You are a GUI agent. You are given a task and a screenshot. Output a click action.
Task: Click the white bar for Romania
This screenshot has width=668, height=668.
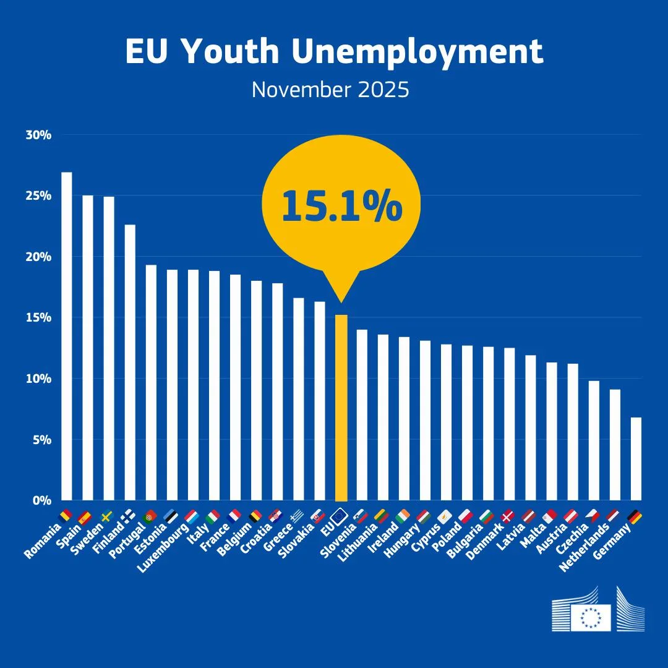pos(66,337)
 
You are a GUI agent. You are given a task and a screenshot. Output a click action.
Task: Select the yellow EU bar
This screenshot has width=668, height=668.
pos(341,408)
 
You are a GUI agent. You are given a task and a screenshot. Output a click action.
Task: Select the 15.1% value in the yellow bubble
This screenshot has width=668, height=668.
pos(341,207)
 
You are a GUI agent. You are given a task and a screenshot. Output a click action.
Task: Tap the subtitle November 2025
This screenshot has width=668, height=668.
pos(330,90)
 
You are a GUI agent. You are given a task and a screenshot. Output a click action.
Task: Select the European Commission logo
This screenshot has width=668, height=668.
pos(598,609)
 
